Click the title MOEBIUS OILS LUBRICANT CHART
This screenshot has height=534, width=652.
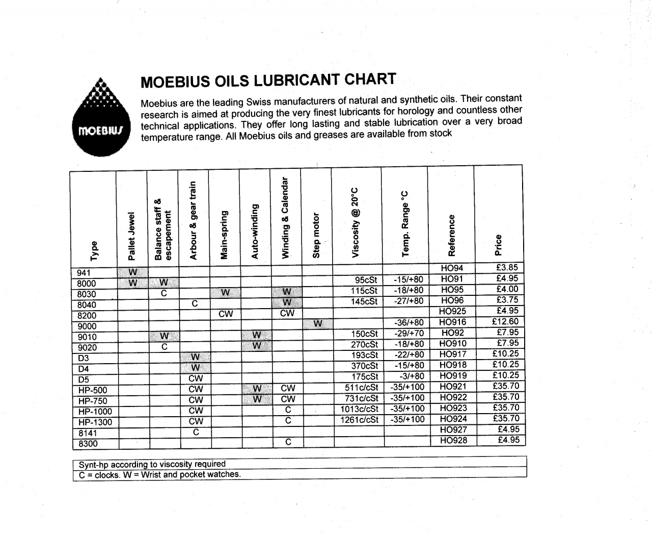(x=268, y=81)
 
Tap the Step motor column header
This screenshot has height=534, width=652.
(x=316, y=235)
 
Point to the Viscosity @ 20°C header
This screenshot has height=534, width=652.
(x=356, y=221)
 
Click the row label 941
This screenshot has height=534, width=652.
(x=84, y=273)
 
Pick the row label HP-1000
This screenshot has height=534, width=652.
(x=95, y=412)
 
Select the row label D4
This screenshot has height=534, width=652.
(x=84, y=369)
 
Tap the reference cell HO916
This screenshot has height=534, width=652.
(x=452, y=322)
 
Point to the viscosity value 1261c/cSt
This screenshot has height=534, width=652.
(x=359, y=420)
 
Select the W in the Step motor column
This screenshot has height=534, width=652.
(x=318, y=323)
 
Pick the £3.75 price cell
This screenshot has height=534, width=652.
(x=507, y=300)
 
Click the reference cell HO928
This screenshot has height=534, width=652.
(x=453, y=440)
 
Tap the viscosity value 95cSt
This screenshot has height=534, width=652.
(x=366, y=279)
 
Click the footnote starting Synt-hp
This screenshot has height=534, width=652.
(x=152, y=464)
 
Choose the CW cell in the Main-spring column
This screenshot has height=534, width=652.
(x=225, y=314)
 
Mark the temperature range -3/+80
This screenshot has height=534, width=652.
(x=412, y=376)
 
